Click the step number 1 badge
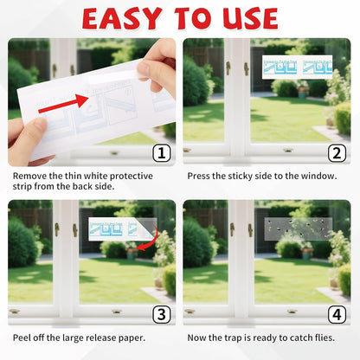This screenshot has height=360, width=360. click(162, 153)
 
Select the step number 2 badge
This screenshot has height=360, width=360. click(337, 153)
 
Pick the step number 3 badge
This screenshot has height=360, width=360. click(162, 315)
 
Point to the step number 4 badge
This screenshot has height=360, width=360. click(337, 315)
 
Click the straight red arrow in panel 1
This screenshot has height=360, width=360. click(63, 104)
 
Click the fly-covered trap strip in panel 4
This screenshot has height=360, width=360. click(299, 229)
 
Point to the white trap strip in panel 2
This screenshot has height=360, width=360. click(297, 67)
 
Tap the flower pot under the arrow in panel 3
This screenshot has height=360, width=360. click(132, 254)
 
